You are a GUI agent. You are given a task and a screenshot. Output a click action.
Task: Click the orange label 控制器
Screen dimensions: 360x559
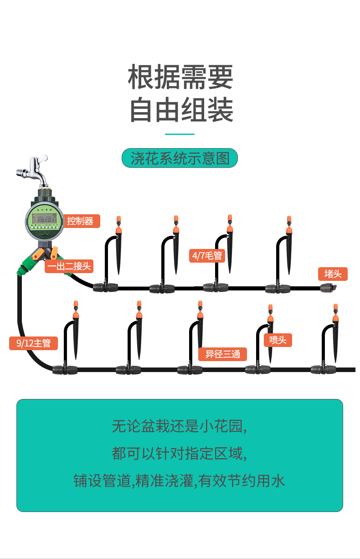pyautogui.click(x=80, y=221)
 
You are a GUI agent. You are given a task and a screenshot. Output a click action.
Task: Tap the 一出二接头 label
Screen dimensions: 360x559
pyautogui.click(x=68, y=266)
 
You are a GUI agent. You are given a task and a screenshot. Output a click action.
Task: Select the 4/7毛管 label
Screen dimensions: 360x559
pyautogui.click(x=207, y=255)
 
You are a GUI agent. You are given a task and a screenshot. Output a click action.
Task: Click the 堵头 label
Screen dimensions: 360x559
pyautogui.click(x=333, y=274)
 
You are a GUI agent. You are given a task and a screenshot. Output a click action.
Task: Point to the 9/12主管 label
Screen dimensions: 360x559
pyautogui.click(x=33, y=343)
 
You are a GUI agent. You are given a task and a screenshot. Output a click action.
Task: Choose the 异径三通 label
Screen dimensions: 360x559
pyautogui.click(x=222, y=354)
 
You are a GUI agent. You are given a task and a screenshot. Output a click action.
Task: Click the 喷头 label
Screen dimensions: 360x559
pyautogui.click(x=278, y=340)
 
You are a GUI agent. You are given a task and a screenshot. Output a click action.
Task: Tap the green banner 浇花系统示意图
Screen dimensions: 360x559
pyautogui.click(x=180, y=158)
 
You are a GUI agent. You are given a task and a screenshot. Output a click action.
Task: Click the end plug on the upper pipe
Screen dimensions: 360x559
pyautogui.click(x=328, y=288)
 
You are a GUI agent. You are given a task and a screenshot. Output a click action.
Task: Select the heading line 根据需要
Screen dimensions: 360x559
pyautogui.click(x=180, y=77)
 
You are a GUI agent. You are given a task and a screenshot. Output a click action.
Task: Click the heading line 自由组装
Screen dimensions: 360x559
pyautogui.click(x=180, y=110)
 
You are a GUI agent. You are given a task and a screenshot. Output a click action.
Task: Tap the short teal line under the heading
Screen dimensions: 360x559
pyautogui.click(x=180, y=134)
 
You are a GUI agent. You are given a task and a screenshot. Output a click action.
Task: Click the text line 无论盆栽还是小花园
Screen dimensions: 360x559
pyautogui.click(x=180, y=426)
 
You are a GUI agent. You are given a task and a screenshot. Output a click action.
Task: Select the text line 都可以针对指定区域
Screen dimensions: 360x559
pyautogui.click(x=180, y=454)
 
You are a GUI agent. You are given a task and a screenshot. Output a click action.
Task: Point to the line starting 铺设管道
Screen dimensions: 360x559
pyautogui.click(x=180, y=481)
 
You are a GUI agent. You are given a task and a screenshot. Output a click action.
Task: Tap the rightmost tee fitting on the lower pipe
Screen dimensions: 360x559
pyautogui.click(x=323, y=369)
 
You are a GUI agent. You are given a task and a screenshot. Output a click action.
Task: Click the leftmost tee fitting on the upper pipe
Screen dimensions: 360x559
pyautogui.click(x=106, y=287)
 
